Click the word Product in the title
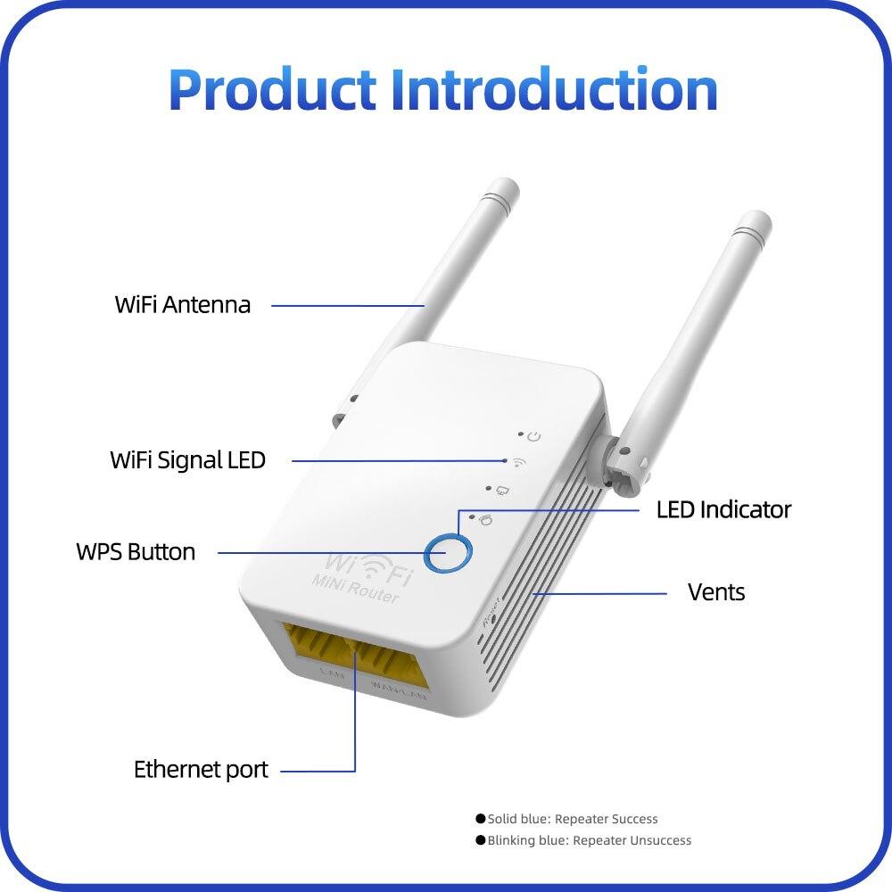tap(273, 89)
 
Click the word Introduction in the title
tap(554, 89)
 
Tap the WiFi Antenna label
tap(183, 305)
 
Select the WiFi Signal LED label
tap(187, 460)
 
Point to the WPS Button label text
tap(136, 552)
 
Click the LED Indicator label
tap(723, 510)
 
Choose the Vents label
tap(716, 592)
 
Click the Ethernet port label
tap(201, 770)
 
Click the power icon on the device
tap(534, 436)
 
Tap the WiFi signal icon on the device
tap(518, 462)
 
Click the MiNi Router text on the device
tap(355, 590)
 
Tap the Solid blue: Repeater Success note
tap(572, 819)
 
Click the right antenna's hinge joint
tap(627, 464)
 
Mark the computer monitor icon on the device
tap(502, 490)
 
